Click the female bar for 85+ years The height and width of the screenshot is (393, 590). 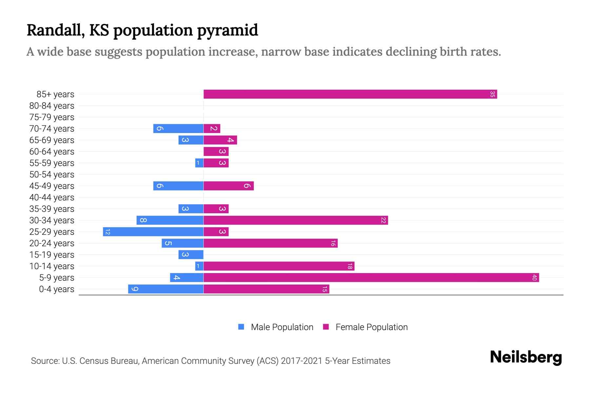[350, 94]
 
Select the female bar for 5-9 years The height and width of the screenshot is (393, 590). [371, 278]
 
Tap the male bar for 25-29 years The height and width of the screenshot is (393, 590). [153, 232]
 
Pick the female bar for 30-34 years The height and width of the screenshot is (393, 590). [296, 220]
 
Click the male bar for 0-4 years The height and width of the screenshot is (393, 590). [166, 289]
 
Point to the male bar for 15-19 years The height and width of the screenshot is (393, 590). [191, 255]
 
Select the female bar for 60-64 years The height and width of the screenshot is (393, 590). [216, 152]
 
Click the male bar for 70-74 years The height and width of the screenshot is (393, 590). [178, 129]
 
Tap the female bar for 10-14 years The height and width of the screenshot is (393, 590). [279, 266]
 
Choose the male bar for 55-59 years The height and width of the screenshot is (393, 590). [199, 163]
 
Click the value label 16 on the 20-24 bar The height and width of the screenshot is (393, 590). [333, 243]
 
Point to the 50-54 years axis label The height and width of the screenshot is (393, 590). [52, 175]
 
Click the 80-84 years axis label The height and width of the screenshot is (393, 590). [52, 106]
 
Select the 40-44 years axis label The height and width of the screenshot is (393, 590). [52, 197]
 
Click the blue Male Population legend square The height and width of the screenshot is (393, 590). [241, 327]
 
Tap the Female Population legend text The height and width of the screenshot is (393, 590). [371, 327]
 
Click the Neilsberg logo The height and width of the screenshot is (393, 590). [526, 357]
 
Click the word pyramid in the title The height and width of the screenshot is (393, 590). [227, 30]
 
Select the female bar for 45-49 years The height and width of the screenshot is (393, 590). [228, 186]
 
